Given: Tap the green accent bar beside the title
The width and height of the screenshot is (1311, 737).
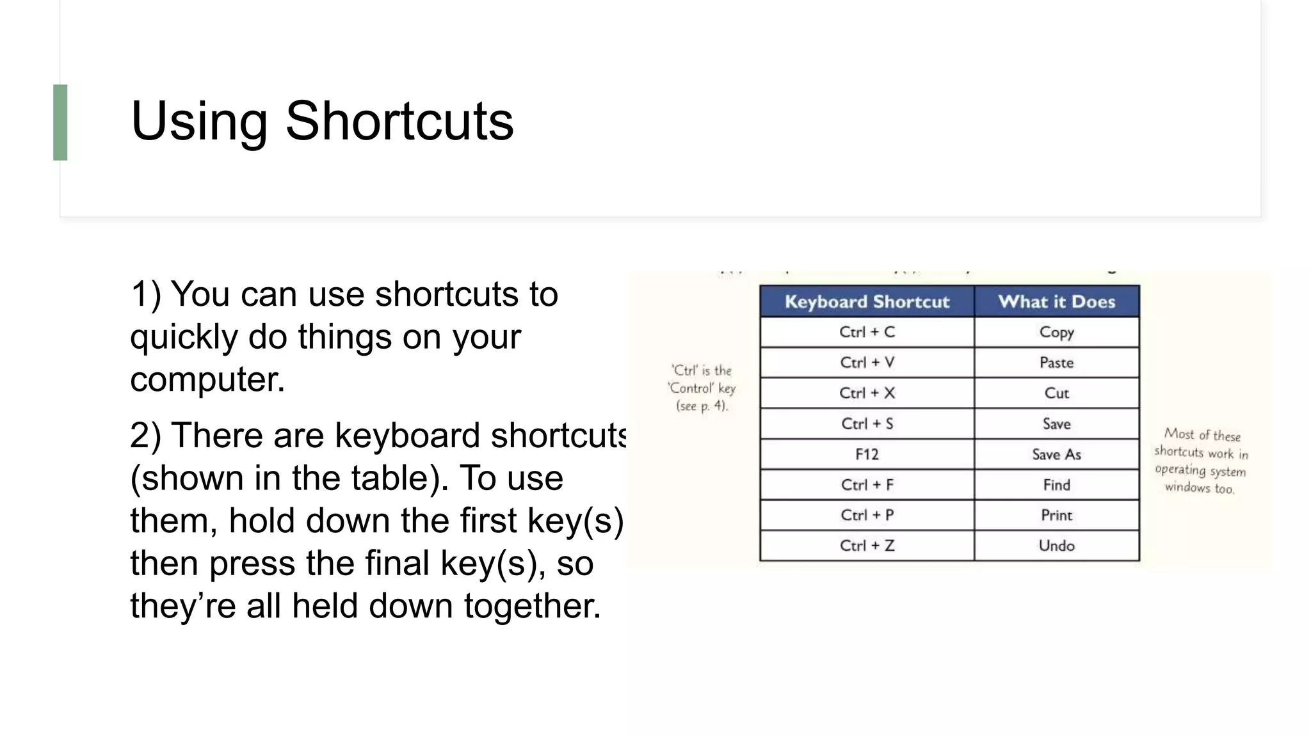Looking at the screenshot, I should tap(60, 122).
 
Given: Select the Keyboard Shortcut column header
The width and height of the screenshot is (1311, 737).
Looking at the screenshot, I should tap(867, 301).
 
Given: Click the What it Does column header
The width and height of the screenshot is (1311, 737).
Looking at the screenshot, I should tap(1056, 301).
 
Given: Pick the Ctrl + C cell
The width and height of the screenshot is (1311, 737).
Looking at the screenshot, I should tap(867, 332).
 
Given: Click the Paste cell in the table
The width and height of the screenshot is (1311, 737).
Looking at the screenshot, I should tap(1056, 363).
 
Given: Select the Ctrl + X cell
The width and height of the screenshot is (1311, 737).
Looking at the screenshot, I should tap(867, 393).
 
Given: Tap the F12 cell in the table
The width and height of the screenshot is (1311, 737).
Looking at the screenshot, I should tap(867, 454).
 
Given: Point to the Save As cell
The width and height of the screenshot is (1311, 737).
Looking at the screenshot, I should tap(1056, 454).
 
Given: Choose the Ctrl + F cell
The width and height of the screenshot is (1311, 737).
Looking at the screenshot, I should tap(867, 485).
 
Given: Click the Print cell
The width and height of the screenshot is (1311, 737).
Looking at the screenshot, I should tap(1056, 515).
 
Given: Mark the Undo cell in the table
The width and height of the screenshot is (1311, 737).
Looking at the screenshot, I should tap(1056, 546).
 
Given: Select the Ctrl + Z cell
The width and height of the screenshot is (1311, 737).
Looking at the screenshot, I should tap(867, 546).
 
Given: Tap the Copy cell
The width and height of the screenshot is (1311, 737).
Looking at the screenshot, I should tap(1056, 332).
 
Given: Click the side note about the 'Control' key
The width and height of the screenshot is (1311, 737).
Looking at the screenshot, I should tap(702, 388).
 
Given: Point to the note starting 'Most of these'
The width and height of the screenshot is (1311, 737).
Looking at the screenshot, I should tap(1201, 461).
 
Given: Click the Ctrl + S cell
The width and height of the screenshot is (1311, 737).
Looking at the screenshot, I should tap(867, 424).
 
